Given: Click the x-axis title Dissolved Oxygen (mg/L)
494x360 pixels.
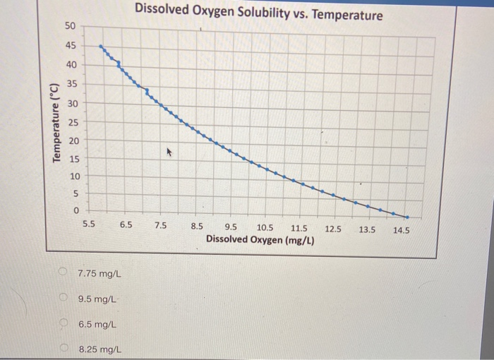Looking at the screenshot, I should (x=260, y=240).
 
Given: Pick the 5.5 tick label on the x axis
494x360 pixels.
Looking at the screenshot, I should (x=89, y=226).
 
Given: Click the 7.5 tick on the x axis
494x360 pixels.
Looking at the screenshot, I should (x=161, y=226).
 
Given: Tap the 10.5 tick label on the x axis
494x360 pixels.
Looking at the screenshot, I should (x=265, y=227).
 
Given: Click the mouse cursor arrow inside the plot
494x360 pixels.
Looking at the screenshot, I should (x=169, y=151).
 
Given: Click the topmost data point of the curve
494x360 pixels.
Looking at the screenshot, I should (x=100, y=47).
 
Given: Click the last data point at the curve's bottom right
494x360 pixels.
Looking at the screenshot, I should (x=406, y=217).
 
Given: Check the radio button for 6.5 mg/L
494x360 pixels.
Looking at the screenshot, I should (x=63, y=323).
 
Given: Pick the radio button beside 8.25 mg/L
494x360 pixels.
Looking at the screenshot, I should (x=63, y=347).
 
